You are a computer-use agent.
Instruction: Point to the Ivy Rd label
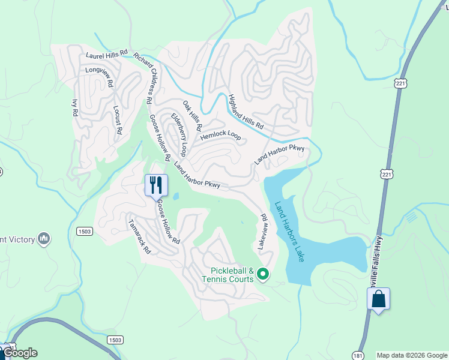click(75, 108)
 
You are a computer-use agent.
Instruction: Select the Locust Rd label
click(118, 119)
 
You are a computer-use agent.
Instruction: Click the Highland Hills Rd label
click(246, 112)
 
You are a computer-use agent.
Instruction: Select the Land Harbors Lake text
click(290, 231)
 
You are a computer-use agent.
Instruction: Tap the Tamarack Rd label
click(139, 236)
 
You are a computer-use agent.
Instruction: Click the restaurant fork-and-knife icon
click(156, 184)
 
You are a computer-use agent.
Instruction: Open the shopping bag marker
click(378, 298)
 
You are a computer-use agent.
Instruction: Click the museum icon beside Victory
click(43, 239)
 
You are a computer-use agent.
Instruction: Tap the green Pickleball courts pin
click(262, 275)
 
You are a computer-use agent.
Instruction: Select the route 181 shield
click(358, 355)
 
